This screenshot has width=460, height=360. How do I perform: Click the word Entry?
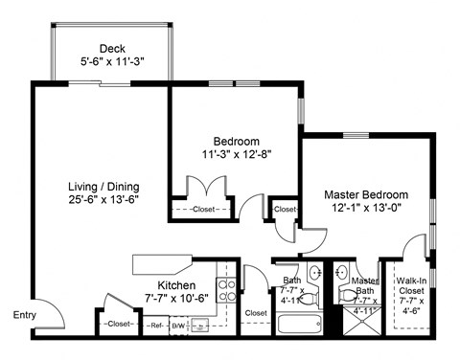(24, 315)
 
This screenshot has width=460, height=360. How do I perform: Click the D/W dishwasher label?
(179, 326)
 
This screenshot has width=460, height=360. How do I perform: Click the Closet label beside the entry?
(119, 325)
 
